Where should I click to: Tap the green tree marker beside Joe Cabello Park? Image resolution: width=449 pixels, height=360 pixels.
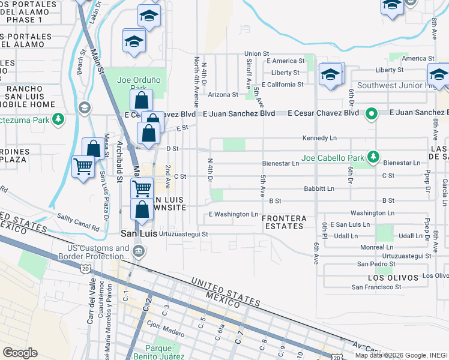[x=373, y=157]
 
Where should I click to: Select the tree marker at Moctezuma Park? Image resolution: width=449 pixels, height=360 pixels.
[x=58, y=119]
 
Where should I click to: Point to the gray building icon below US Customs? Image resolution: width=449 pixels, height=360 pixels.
[x=139, y=252]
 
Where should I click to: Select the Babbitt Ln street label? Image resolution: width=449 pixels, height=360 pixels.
[x=319, y=188]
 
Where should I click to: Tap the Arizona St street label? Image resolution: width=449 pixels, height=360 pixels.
[x=223, y=94]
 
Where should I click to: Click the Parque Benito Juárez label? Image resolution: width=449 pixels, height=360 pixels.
[x=163, y=353]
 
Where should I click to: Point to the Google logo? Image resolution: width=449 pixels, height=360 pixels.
[x=20, y=352]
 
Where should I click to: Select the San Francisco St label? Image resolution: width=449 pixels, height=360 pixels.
[x=376, y=287]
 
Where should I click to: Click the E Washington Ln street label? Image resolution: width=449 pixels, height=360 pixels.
[x=233, y=214]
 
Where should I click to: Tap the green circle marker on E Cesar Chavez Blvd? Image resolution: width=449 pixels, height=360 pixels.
[x=371, y=113]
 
